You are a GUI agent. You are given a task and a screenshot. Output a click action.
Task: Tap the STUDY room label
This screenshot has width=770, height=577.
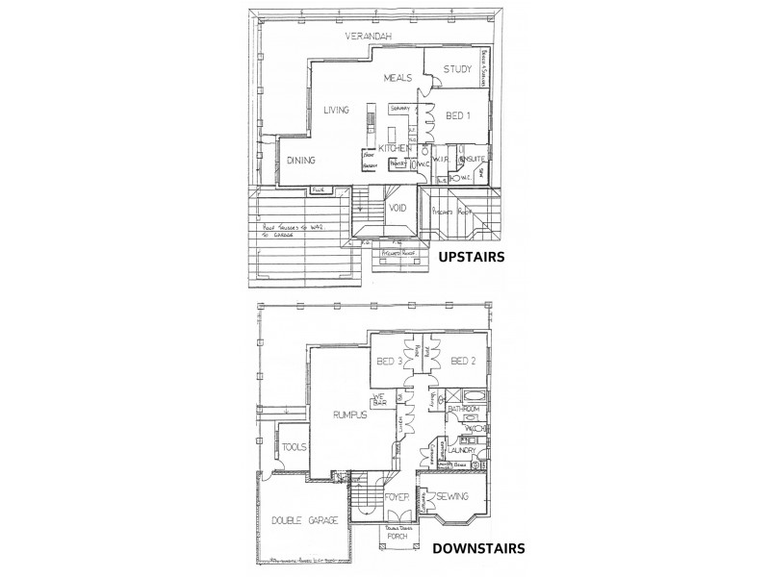coord(456,69)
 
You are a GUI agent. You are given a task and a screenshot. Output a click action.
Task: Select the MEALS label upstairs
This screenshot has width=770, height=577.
coord(398,78)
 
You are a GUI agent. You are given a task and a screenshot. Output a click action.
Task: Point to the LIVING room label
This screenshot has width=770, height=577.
coord(336,110)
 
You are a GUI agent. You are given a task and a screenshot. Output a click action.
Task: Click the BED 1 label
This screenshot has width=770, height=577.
coord(457,115)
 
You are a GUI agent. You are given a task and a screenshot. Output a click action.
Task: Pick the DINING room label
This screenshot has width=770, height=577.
coord(301,161)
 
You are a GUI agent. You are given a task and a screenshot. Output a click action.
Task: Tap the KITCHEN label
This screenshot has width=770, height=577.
coord(394,149)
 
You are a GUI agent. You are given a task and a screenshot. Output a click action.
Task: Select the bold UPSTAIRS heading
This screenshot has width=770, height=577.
coord(473,258)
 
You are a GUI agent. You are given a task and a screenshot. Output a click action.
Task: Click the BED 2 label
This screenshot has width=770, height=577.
coord(462,362)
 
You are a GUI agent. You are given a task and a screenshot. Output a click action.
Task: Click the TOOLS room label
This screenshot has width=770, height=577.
coord(295,447)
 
